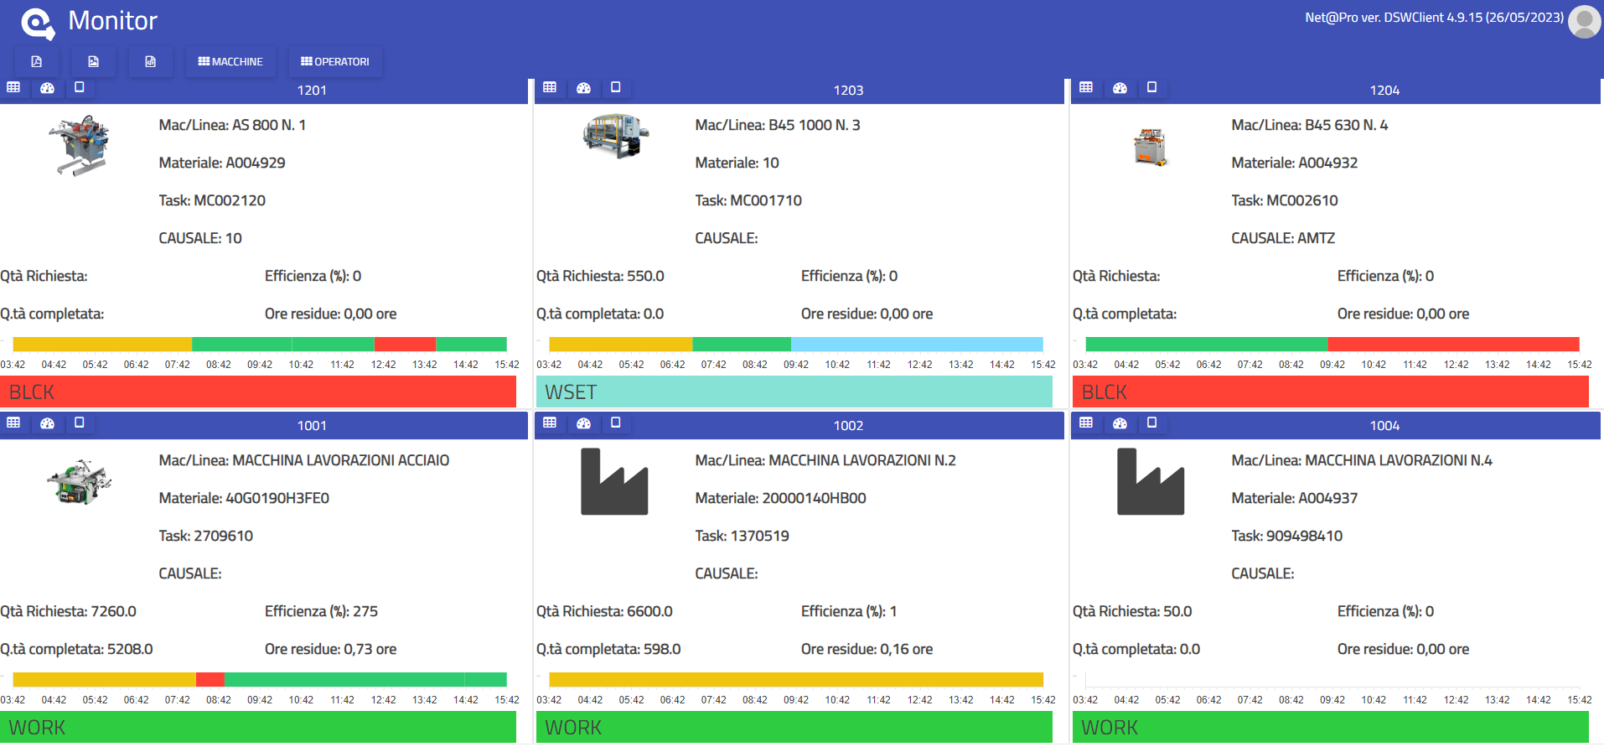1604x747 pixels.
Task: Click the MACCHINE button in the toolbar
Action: click(230, 61)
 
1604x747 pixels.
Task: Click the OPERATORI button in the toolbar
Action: click(335, 61)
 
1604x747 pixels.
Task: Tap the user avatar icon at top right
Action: click(1584, 22)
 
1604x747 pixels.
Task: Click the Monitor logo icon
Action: click(38, 23)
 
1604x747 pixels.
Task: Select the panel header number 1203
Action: click(848, 90)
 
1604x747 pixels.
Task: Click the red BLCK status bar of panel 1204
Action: click(1330, 392)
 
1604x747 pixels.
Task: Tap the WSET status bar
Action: click(794, 392)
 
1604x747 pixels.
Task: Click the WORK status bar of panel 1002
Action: click(794, 727)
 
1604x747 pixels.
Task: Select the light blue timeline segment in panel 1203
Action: click(917, 344)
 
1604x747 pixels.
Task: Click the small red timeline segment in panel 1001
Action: click(210, 679)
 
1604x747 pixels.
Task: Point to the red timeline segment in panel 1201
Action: click(405, 344)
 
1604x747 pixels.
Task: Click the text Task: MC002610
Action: click(1284, 200)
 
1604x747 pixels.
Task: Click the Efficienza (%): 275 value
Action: click(321, 611)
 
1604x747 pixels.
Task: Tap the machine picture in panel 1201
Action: click(80, 145)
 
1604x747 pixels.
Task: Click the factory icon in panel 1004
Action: click(1150, 481)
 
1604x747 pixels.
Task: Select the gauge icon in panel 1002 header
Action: click(583, 423)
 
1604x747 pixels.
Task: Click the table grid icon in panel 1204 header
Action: click(1086, 87)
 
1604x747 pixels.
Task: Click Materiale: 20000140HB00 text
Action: click(780, 498)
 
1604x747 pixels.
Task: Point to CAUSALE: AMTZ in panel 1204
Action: click(1282, 238)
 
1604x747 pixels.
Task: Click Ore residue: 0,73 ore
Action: click(330, 649)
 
